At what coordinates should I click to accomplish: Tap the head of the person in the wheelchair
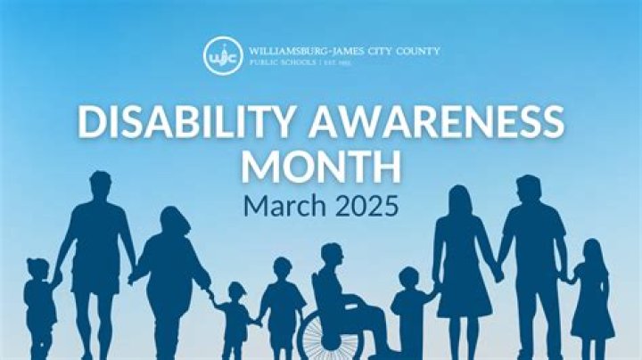click(x=332, y=255)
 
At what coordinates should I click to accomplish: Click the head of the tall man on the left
click(x=99, y=184)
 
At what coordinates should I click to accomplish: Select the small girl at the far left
click(x=38, y=303)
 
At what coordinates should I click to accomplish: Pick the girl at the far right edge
click(x=591, y=299)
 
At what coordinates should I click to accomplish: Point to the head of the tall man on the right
click(x=529, y=189)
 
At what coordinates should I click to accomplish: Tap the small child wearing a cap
click(x=236, y=316)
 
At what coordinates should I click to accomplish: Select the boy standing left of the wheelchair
click(x=282, y=303)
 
